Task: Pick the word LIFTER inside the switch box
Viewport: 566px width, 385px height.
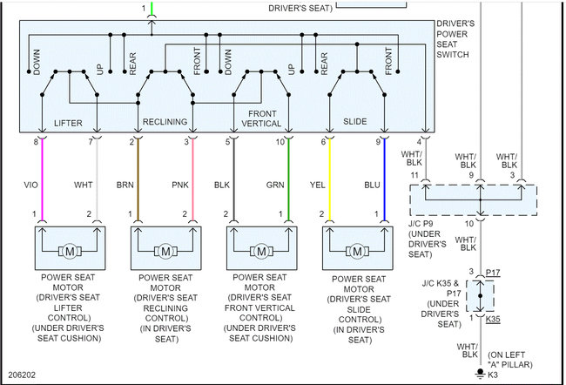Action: [x=68, y=122]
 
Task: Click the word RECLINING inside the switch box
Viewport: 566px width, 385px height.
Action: [x=165, y=122]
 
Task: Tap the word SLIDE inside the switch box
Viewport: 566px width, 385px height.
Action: [x=355, y=122]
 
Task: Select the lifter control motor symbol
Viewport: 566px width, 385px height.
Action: [x=69, y=252]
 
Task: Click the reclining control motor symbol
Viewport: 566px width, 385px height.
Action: [x=165, y=252]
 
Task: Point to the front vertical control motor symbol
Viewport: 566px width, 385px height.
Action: [x=260, y=252]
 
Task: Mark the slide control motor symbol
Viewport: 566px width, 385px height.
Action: [x=356, y=252]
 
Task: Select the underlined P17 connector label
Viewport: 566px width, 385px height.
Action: [x=494, y=272]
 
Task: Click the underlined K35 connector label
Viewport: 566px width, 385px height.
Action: [x=494, y=319]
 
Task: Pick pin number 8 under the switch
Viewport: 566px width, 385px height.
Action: [x=36, y=141]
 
